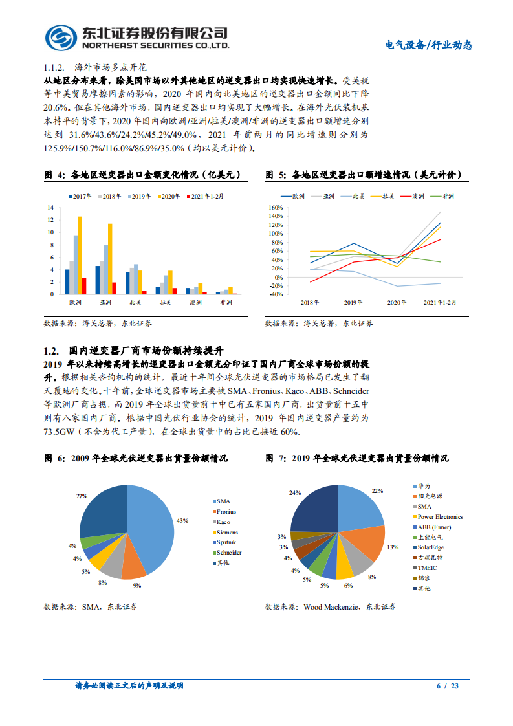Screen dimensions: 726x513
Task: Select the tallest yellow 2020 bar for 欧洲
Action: tap(80, 255)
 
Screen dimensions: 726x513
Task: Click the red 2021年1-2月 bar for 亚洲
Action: tap(115, 289)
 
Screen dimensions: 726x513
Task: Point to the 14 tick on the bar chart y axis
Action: tap(50, 208)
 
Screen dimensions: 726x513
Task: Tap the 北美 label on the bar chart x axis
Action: tap(136, 303)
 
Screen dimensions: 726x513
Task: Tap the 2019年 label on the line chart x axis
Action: tap(353, 303)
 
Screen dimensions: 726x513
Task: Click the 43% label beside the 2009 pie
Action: tap(182, 520)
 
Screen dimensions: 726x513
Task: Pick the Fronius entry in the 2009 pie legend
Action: tap(226, 512)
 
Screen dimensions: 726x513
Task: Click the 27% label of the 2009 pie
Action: tap(82, 496)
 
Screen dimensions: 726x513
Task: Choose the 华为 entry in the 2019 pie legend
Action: tap(424, 485)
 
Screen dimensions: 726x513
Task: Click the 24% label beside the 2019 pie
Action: tap(295, 493)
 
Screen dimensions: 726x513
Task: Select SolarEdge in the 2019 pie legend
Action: tap(431, 547)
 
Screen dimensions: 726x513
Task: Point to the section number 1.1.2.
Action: tap(52, 67)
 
